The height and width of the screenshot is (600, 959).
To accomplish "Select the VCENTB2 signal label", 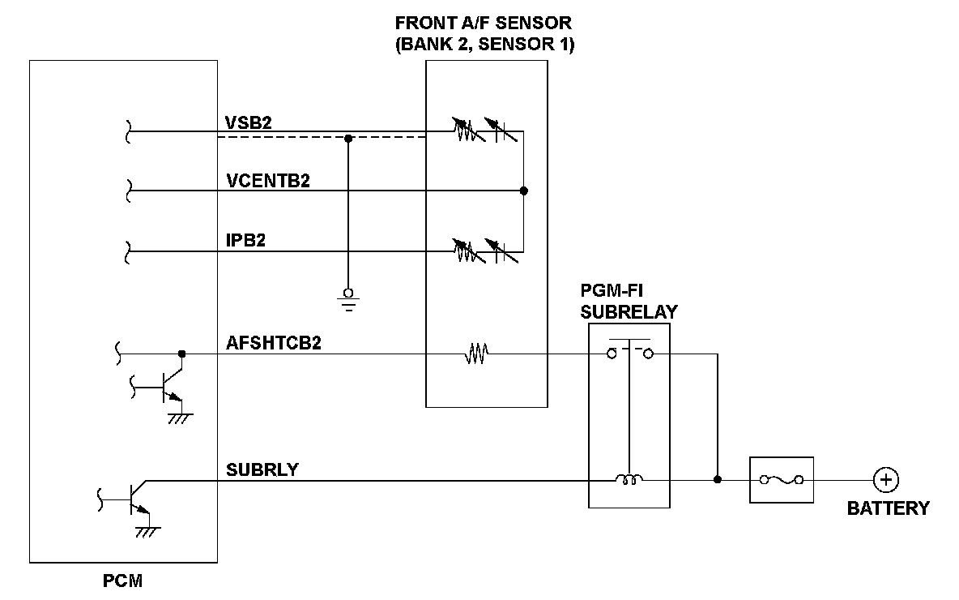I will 268,181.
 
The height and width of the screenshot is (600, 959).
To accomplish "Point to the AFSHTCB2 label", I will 274,343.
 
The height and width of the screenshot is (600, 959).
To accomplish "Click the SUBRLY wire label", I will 262,469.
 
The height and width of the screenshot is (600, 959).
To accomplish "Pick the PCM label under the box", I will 123,581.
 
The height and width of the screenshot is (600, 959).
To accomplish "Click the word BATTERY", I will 888,509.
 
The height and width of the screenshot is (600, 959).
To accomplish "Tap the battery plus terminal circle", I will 886,480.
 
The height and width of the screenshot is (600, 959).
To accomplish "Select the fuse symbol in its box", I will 782,480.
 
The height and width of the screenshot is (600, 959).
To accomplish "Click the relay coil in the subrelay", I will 629,480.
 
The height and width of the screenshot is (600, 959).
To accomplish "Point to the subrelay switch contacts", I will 629,352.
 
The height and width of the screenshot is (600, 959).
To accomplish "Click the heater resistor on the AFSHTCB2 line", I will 475,354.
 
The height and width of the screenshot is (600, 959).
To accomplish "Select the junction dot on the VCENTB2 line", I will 523,191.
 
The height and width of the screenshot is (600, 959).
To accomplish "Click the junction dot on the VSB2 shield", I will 348,138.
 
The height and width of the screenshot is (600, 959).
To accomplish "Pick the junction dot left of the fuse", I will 717,480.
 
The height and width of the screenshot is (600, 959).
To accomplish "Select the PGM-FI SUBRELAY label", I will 629,301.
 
